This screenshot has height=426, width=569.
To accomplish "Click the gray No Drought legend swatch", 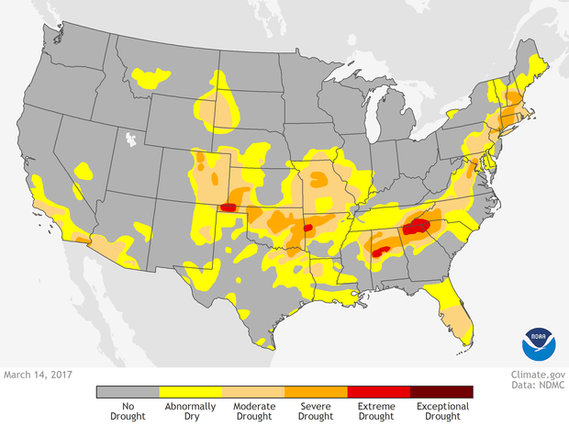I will [x=128, y=391].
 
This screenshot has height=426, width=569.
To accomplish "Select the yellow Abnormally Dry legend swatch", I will [x=190, y=391].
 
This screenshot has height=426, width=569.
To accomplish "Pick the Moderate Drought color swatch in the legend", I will [x=252, y=391].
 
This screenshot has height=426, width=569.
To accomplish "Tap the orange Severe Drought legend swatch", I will [x=316, y=391].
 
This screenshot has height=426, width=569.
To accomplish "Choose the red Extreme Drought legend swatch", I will [x=378, y=391].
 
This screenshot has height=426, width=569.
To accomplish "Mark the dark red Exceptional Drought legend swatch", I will [x=441, y=391].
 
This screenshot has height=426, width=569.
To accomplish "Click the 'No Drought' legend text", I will [x=128, y=410].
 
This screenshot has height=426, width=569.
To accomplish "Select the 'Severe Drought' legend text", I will [x=316, y=410].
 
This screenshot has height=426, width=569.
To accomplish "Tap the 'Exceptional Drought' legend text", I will [x=441, y=410].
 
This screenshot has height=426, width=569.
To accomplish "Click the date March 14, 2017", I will [x=38, y=375].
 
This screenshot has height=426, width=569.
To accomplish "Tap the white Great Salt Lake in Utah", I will [x=131, y=140].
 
